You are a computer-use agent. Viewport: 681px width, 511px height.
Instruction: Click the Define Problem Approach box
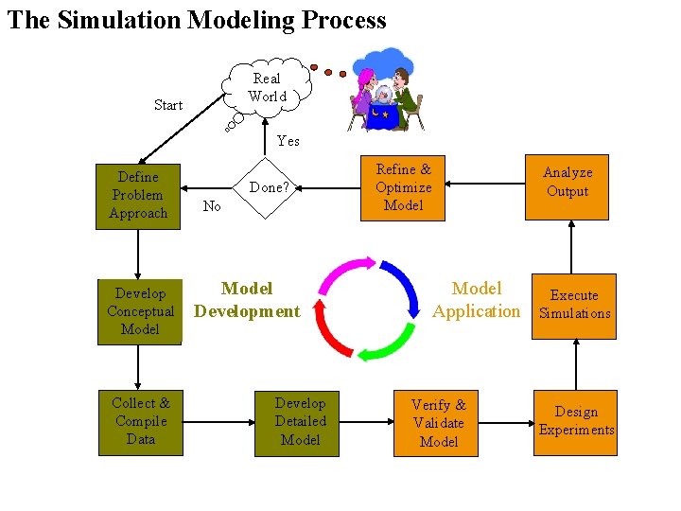click(x=138, y=196)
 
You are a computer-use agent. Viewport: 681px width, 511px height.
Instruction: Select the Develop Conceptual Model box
click(x=140, y=311)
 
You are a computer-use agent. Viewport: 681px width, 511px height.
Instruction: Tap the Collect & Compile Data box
click(x=140, y=422)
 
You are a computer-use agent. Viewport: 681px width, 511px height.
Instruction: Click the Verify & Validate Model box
click(x=436, y=423)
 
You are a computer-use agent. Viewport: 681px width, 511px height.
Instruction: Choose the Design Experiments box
click(x=575, y=422)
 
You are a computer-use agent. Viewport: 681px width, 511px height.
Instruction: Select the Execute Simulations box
click(x=574, y=305)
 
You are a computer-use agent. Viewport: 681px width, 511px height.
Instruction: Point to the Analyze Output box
click(x=567, y=187)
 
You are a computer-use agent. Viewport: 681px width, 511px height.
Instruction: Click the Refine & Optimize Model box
click(x=403, y=187)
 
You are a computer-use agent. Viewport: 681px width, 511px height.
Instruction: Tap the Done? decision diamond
click(x=269, y=187)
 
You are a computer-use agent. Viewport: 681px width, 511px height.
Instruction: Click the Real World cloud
click(x=266, y=88)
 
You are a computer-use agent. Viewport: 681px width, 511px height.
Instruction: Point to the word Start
click(x=168, y=105)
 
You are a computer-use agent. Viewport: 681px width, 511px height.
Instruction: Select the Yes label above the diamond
click(x=288, y=141)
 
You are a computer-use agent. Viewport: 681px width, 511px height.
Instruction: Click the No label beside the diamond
click(x=212, y=206)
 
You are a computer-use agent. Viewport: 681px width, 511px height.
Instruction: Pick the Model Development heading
click(x=247, y=299)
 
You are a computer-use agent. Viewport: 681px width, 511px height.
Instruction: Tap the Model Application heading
click(x=476, y=299)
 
